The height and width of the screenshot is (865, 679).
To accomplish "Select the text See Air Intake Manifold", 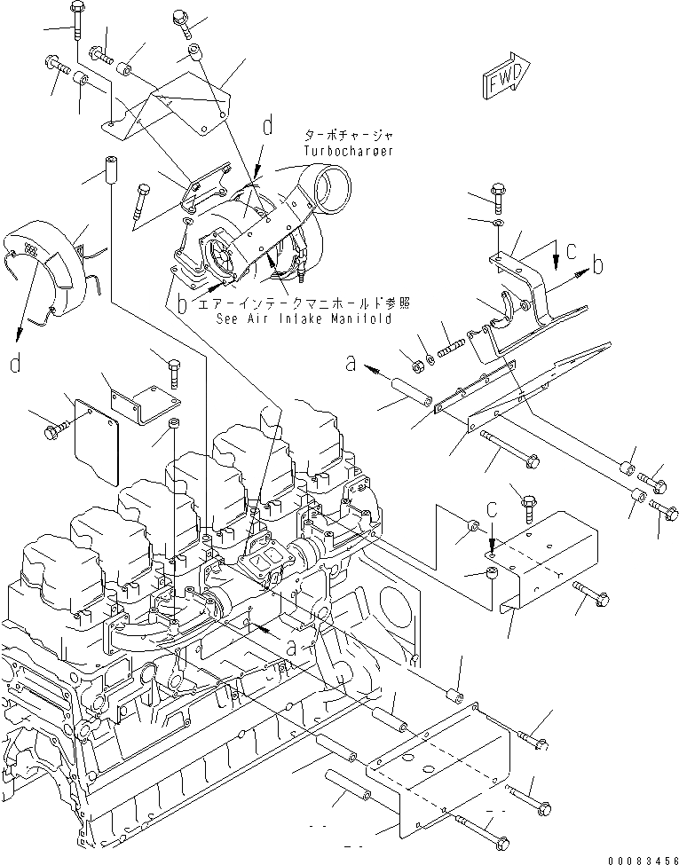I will point(303,319).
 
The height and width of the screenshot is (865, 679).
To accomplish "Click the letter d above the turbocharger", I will point(266,128).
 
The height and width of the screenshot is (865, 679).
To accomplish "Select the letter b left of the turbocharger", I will point(181,305).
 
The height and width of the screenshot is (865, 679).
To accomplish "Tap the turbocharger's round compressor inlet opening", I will point(335,189).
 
